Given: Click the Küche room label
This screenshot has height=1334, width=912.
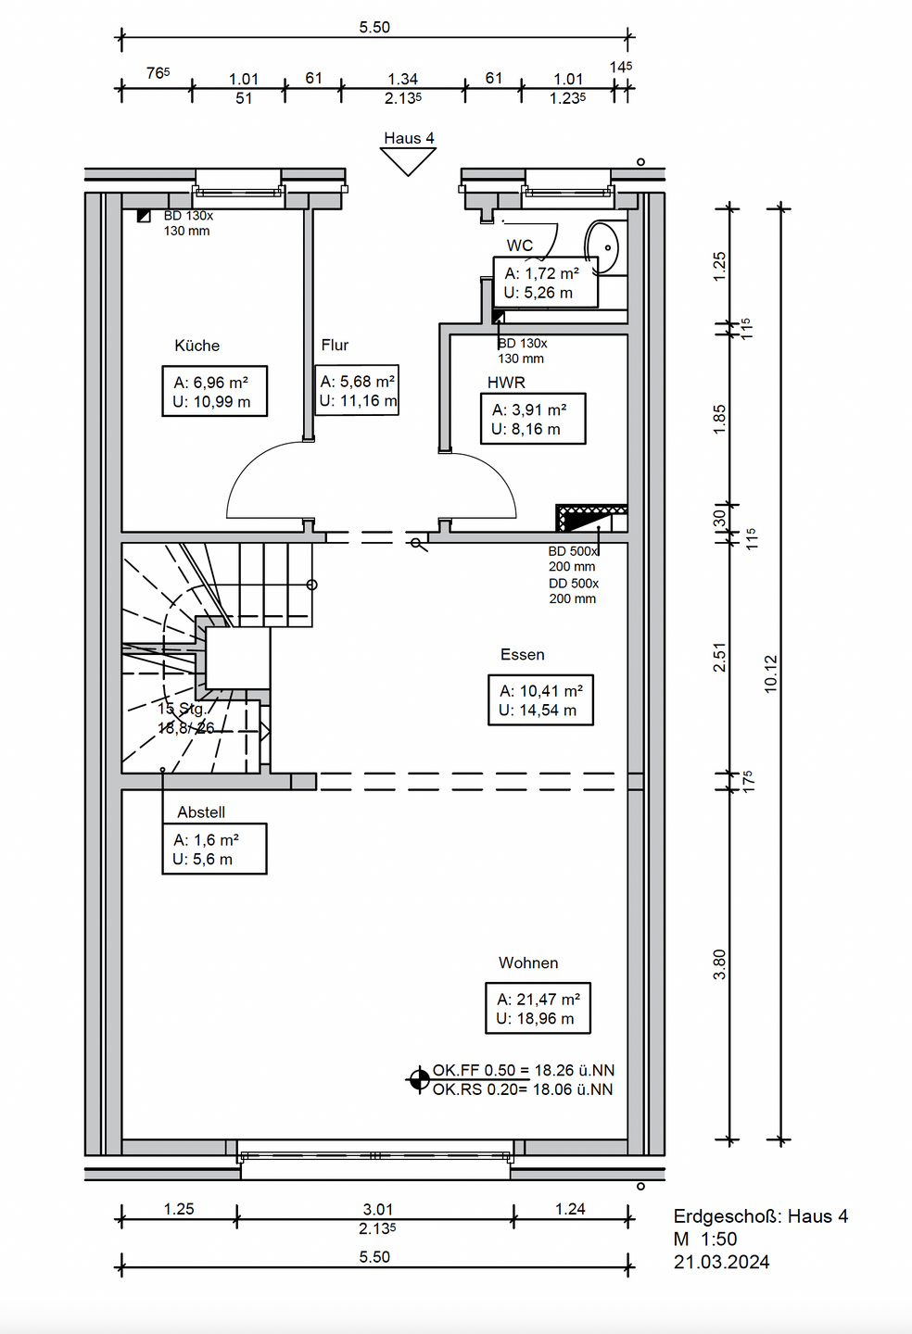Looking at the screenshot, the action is pyautogui.click(x=196, y=346).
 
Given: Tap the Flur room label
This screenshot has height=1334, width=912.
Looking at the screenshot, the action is pyautogui.click(x=335, y=345).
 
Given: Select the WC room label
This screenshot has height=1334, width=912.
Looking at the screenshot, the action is pyautogui.click(x=519, y=245).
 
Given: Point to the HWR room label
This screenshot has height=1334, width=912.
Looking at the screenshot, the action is pyautogui.click(x=506, y=383).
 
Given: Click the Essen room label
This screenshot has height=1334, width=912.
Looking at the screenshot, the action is pyautogui.click(x=523, y=654).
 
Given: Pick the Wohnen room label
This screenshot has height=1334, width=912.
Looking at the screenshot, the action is pyautogui.click(x=528, y=963).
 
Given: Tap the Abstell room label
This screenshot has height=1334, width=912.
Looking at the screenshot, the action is pyautogui.click(x=201, y=812).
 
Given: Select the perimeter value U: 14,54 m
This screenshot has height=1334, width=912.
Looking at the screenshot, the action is pyautogui.click(x=538, y=710).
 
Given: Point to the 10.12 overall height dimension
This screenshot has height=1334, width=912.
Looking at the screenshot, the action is pyautogui.click(x=771, y=673).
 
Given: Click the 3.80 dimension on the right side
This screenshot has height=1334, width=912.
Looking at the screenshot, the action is pyautogui.click(x=719, y=964).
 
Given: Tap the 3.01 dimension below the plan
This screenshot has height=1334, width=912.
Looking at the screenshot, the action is pyautogui.click(x=377, y=1210).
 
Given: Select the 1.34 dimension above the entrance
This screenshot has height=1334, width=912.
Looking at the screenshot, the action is pyautogui.click(x=402, y=79).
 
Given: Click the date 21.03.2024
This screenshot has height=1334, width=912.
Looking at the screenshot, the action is pyautogui.click(x=721, y=1262).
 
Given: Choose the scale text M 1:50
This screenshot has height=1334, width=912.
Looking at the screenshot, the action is pyautogui.click(x=705, y=1240).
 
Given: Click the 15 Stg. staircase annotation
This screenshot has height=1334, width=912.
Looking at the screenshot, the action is pyautogui.click(x=182, y=709).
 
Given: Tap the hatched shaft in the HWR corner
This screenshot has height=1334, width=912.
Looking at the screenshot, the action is pyautogui.click(x=591, y=518).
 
